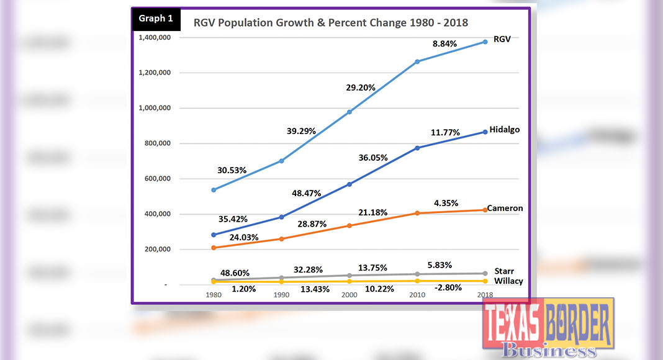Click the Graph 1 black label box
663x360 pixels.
point(156,19)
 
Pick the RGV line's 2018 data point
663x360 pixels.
point(484,42)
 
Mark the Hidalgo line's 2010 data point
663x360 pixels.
point(417,148)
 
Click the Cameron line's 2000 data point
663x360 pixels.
point(350,225)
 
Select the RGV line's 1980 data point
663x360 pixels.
point(214,190)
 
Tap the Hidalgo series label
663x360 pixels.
point(503,130)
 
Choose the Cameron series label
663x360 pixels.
point(505,208)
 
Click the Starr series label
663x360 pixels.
point(504,271)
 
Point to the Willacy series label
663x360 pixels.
point(508,281)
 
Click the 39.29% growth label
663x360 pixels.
point(300,131)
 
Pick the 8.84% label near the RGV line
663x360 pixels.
point(444,44)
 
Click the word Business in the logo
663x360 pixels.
point(548,351)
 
